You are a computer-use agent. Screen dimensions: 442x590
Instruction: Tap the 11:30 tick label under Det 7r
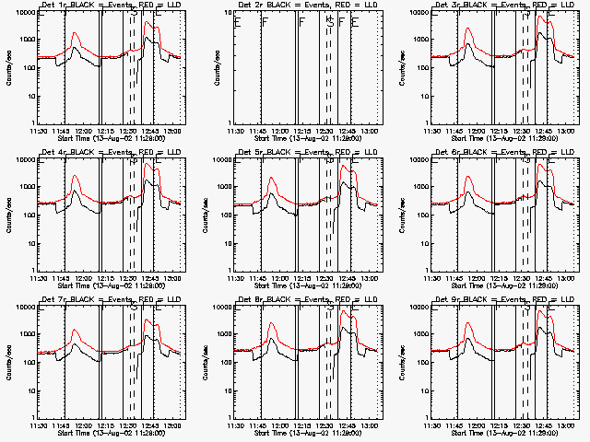tap(41, 426)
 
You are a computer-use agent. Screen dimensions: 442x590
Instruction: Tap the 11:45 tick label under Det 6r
tap(455, 279)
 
